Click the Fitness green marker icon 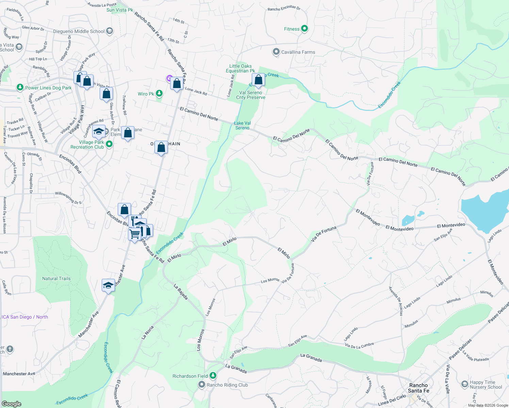click(305, 29)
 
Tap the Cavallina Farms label click(298, 52)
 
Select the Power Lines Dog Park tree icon click(20, 88)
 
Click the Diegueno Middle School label click(79, 31)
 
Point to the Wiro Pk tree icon click(159, 93)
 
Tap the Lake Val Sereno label click(242, 125)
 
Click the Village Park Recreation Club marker click(109, 144)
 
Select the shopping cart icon click(135, 234)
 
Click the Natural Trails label click(56, 278)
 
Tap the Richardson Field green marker click(213, 376)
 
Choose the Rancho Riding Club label click(227, 385)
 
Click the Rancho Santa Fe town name click(418, 388)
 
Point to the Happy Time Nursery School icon click(465, 384)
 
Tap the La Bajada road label click(181, 292)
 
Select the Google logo click(12, 404)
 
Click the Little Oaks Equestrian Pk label click(240, 68)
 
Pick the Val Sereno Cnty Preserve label click(251, 95)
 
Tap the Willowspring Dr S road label click(68, 198)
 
